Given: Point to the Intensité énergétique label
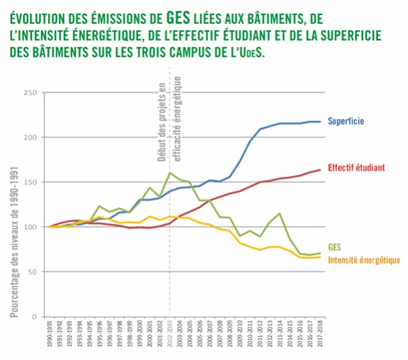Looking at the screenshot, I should (364, 260).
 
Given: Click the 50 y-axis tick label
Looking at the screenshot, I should (31, 272).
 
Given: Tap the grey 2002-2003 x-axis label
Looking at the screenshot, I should (170, 334).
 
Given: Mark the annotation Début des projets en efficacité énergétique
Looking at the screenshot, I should (169, 118).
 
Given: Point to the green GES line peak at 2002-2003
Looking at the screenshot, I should (170, 173).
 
